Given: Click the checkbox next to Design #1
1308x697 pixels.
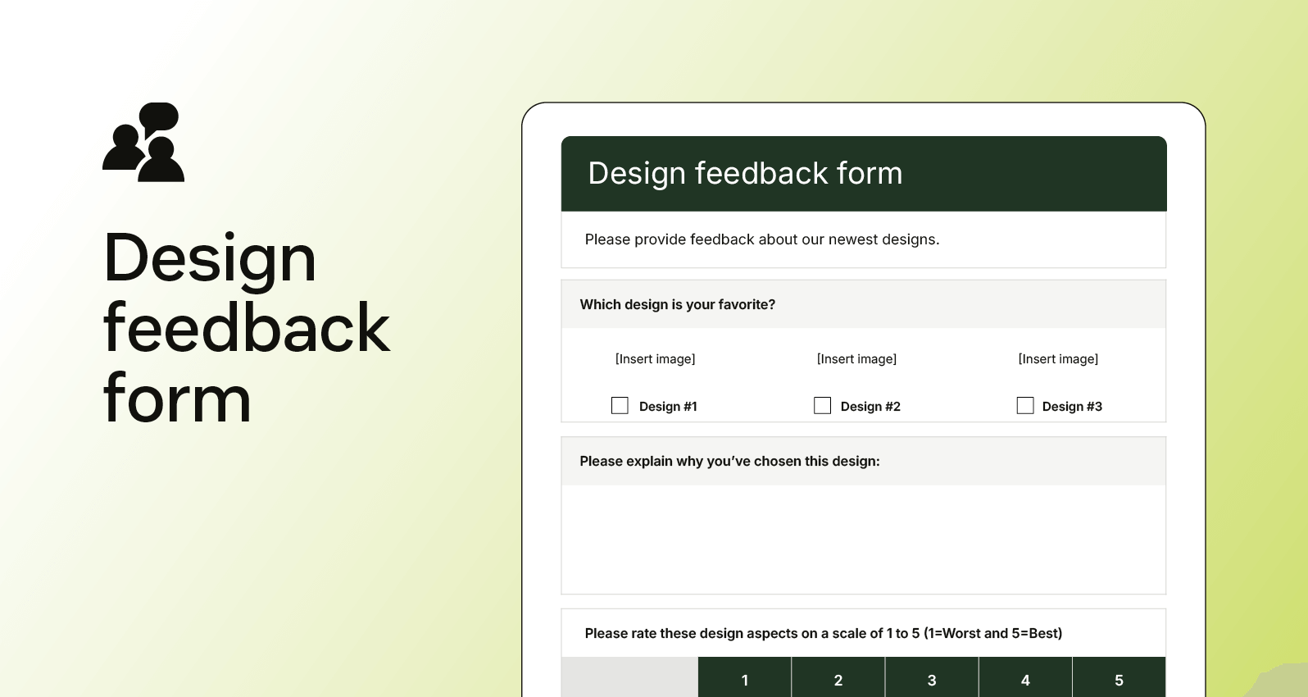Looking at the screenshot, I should tap(620, 406).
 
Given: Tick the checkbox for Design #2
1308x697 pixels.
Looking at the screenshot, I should tap(822, 406).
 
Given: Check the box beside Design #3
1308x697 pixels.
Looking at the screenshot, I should tap(1024, 406).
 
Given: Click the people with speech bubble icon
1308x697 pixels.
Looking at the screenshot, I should tap(143, 142).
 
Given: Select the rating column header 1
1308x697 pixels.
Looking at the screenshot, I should tap(744, 680).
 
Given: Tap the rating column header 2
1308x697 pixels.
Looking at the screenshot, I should tap(838, 680).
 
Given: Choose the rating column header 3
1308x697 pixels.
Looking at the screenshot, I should tap(931, 680).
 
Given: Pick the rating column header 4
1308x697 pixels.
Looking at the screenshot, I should tap(1024, 680).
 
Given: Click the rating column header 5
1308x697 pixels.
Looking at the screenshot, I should tap(1119, 680).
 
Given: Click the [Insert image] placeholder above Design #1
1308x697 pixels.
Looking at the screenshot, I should tap(655, 359).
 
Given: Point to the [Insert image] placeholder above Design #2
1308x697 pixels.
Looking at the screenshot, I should tap(856, 359).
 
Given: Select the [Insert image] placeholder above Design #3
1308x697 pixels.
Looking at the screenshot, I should tap(1058, 359).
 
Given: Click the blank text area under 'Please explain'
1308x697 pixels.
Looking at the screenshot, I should tap(863, 539).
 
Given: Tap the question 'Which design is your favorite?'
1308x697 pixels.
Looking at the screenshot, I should tap(677, 304).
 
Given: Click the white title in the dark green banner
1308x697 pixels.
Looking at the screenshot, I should tap(745, 174).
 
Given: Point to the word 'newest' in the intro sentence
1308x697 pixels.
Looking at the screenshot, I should tap(852, 239).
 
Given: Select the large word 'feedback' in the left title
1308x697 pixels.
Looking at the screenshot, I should tap(246, 328).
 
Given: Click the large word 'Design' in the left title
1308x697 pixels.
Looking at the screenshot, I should tap(210, 258).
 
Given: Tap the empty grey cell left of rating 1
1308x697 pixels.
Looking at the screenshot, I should tap(629, 678).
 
